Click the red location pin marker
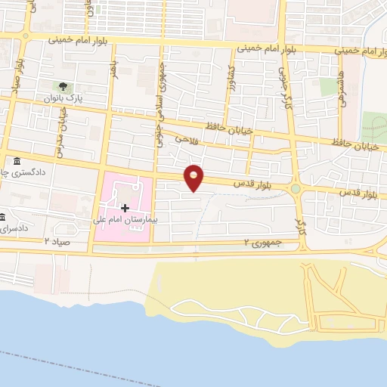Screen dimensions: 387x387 (194, 178)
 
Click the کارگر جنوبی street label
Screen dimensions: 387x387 (287, 91)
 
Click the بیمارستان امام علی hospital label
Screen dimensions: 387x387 (122, 221)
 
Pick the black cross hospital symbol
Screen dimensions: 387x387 (125, 207)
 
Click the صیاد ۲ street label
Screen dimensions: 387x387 (57, 240)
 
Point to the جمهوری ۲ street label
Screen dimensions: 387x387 (257, 243)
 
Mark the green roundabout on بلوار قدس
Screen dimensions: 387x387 (296, 189)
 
